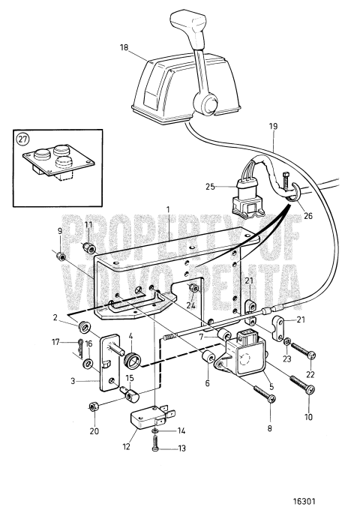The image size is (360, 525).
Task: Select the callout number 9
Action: point(60,231)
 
